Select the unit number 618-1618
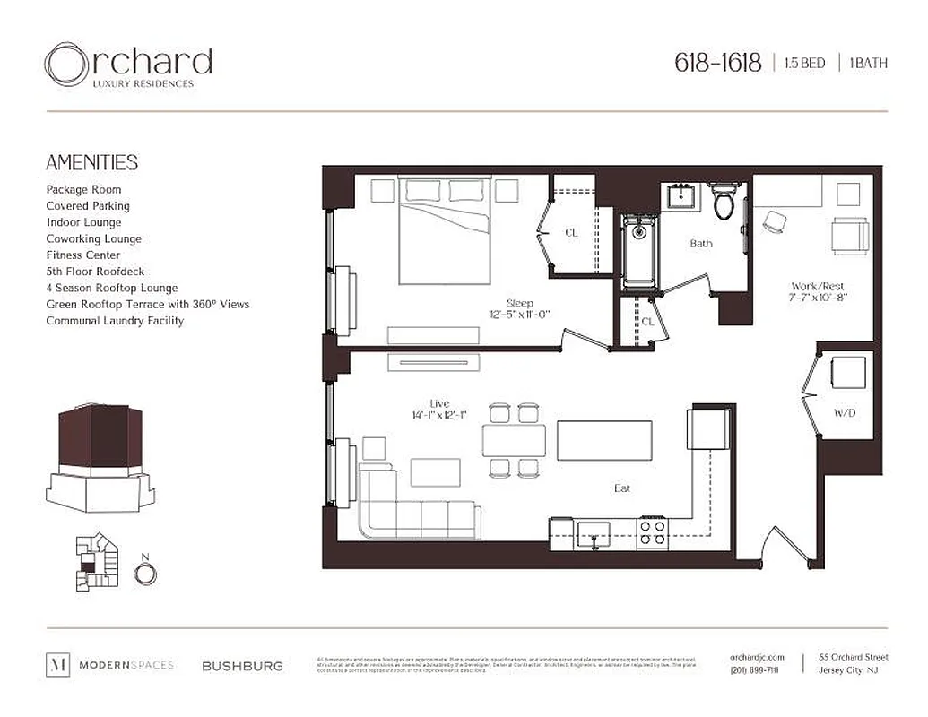point(717,63)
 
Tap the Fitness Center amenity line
point(83,255)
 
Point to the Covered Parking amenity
point(88,206)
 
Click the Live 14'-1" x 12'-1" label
point(439,410)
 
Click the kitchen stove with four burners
point(652,534)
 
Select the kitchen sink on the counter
point(592,535)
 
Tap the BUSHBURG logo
point(242,666)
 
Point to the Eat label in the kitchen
point(621,488)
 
